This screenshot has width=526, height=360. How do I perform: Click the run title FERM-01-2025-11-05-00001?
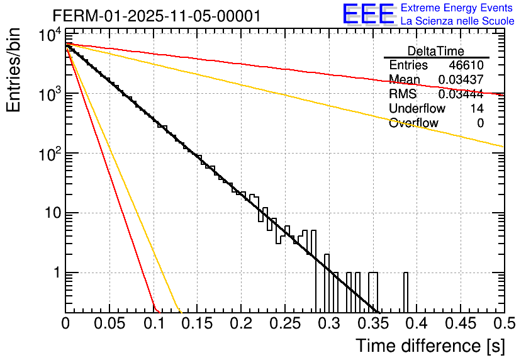[156, 16]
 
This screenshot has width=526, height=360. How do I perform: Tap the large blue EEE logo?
[368, 14]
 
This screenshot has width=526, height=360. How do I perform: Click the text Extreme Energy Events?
[457, 8]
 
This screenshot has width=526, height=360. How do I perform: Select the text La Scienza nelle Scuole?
[457, 21]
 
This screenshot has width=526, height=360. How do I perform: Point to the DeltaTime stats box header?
[436, 51]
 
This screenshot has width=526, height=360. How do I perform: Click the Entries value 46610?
[466, 65]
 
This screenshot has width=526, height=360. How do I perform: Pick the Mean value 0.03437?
[461, 80]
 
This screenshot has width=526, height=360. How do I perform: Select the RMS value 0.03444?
[461, 94]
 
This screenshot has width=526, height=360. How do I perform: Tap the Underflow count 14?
[477, 109]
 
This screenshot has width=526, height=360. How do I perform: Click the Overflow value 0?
[480, 123]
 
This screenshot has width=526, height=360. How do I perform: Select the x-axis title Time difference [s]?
[428, 346]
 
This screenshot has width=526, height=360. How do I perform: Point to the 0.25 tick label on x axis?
[285, 324]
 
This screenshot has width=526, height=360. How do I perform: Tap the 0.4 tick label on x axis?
[416, 324]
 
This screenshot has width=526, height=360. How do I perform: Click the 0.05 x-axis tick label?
[109, 324]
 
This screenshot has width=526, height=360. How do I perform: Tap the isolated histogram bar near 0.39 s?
[406, 292]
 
